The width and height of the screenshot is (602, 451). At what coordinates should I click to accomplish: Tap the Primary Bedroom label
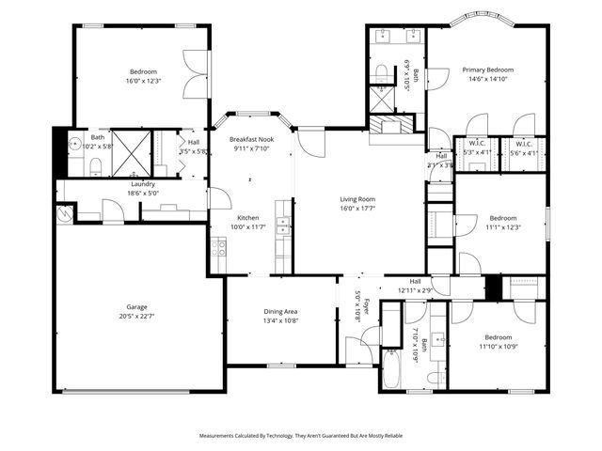point(487,70)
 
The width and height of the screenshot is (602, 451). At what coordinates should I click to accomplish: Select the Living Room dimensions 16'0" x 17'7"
point(357,210)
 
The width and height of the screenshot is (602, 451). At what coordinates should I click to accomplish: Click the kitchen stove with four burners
point(217,248)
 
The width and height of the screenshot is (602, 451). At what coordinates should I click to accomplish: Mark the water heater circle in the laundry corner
point(64,212)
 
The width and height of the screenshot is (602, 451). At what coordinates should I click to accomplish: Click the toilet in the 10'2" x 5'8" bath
point(98,166)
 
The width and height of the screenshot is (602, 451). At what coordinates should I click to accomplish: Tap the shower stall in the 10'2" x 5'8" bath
point(132,151)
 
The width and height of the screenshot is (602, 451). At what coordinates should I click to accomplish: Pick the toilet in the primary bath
point(381,73)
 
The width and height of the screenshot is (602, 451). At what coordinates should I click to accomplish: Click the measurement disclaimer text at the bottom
point(301,436)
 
